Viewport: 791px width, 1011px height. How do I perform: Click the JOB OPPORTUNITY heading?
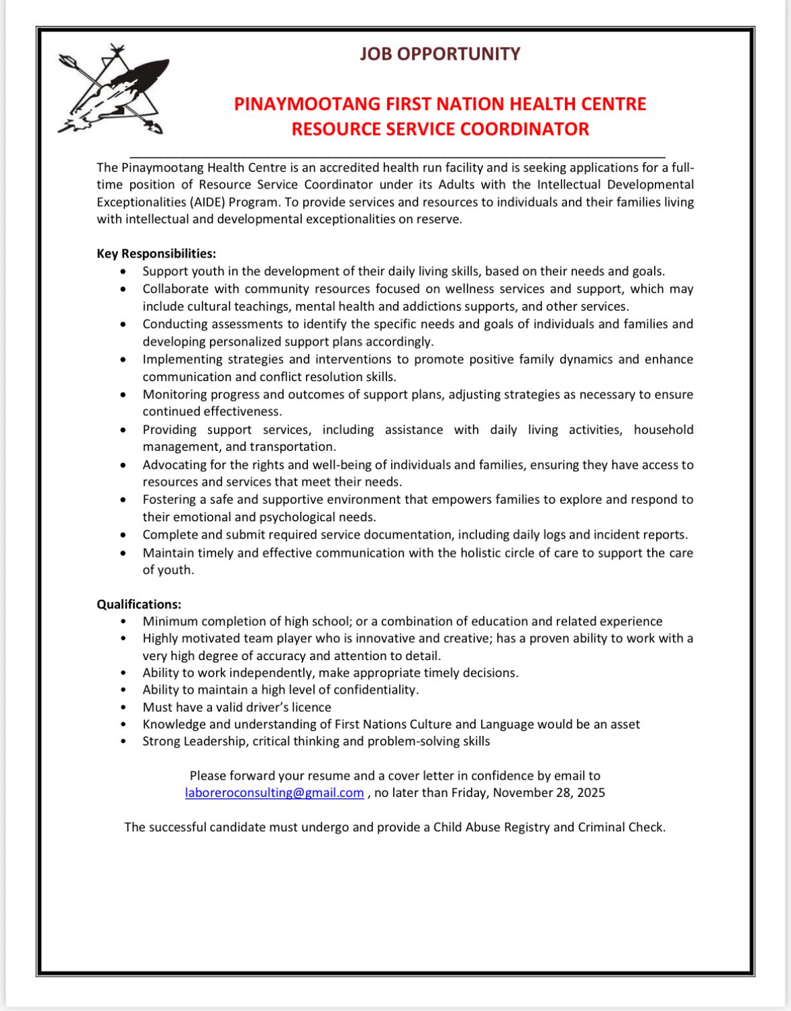tap(439, 54)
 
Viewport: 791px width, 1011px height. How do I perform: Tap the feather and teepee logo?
tap(113, 90)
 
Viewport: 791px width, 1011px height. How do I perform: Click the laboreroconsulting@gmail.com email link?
tap(274, 793)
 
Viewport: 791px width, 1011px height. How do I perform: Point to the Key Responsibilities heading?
tap(156, 254)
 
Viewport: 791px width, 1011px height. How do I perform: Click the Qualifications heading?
tap(139, 604)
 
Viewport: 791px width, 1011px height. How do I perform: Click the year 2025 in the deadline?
tap(589, 793)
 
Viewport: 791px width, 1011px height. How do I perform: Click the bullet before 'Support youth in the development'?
tap(123, 272)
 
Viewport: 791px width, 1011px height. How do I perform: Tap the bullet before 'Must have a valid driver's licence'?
tap(123, 708)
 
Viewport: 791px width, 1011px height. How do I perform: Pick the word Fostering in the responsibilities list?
tap(168, 500)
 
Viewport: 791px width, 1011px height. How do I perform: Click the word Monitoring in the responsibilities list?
tap(174, 394)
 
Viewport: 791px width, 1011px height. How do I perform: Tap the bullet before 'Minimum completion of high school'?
tap(123, 622)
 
